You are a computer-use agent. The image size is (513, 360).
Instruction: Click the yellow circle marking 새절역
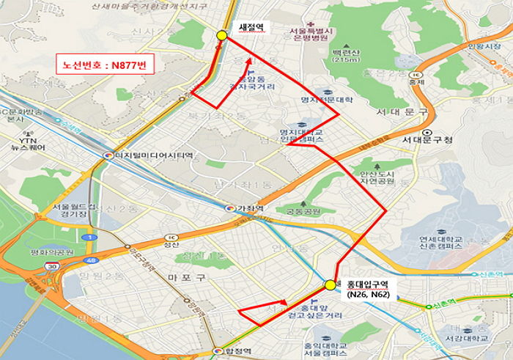222,35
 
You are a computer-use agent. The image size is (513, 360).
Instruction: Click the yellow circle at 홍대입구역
331,284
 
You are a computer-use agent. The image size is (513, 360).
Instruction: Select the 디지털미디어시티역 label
152,156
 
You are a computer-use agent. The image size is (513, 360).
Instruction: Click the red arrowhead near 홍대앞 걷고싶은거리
285,302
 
